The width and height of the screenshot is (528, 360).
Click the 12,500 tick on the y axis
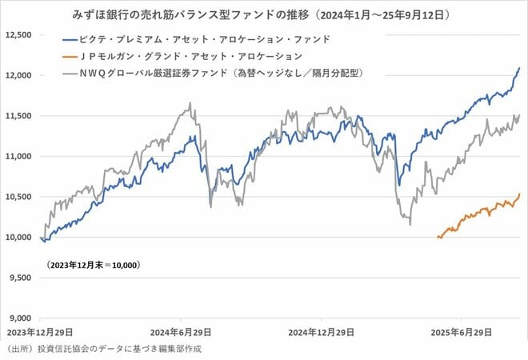(x=18, y=35)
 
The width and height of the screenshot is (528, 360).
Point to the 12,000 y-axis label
(x=18, y=75)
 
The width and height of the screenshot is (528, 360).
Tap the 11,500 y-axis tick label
(x=18, y=116)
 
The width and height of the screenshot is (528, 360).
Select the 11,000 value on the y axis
(x=18, y=156)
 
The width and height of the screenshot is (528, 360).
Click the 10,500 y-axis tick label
(x=18, y=197)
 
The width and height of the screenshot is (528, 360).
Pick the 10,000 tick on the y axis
(x=18, y=237)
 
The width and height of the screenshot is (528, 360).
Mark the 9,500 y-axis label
(x=19, y=278)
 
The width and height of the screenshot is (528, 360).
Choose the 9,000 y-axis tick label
(x=19, y=318)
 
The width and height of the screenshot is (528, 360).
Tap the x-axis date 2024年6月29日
(x=181, y=330)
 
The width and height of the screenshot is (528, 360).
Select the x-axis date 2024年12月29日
(x=321, y=330)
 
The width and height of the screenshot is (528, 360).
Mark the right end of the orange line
(x=520, y=193)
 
